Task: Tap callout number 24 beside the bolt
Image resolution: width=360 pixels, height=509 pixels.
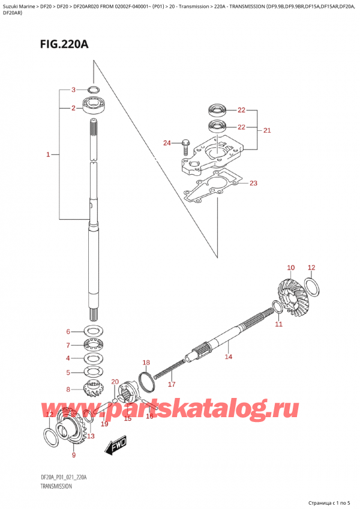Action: click(167, 142)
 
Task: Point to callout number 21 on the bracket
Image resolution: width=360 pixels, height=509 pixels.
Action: click(267, 130)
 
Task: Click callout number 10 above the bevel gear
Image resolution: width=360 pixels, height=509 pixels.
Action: click(291, 268)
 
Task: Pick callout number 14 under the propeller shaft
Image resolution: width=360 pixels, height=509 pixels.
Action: click(228, 358)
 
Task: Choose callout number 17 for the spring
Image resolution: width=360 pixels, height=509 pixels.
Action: click(171, 384)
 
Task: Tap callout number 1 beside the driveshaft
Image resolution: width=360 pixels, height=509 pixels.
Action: click(47, 155)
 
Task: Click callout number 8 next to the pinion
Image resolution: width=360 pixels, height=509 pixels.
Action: click(68, 389)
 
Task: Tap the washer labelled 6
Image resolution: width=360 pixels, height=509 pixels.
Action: click(94, 331)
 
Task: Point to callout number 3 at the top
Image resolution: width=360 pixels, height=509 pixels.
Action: click(73, 90)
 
